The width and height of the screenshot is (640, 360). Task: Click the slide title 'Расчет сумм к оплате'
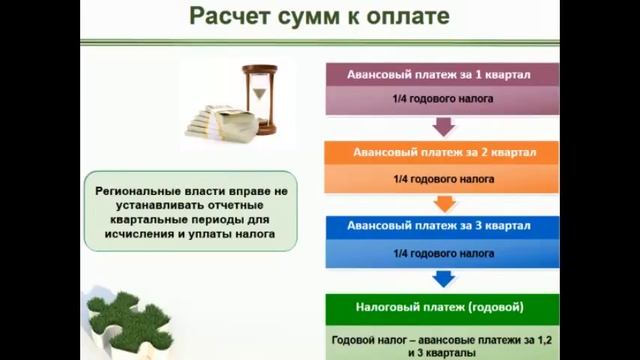click(x=319, y=17)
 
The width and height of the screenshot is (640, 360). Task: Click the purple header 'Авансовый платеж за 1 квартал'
click(x=441, y=75)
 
